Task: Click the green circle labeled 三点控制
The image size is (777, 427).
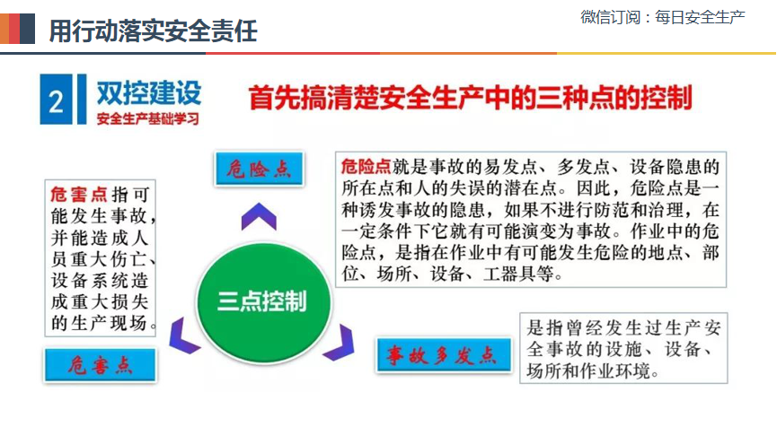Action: pos(263,301)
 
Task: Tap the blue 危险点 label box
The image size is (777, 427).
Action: pos(260,170)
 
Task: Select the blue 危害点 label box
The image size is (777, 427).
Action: pos(100,365)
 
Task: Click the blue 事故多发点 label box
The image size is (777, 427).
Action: pos(444,354)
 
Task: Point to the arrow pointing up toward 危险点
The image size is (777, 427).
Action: pos(259,215)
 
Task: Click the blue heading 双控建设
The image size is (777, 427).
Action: pos(148,92)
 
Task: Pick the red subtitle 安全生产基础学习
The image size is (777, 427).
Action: pos(147,118)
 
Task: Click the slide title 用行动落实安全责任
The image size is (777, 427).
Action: pos(153,31)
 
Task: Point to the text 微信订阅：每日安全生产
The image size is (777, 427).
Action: pos(663,17)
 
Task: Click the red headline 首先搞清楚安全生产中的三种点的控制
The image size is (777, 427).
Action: pos(470,98)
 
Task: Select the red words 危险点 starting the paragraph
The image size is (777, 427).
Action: pos(366,167)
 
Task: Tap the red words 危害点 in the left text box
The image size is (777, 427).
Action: pos(79,195)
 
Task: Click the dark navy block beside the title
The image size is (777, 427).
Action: pos(27,29)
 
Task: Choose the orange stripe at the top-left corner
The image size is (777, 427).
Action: pos(4,29)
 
